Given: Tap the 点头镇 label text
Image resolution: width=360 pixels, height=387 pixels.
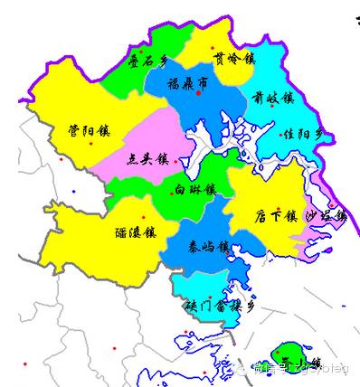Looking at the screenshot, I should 150,158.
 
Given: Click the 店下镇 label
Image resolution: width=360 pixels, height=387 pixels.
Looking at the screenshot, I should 276,217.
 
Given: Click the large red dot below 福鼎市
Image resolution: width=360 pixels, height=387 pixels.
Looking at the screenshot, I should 198,94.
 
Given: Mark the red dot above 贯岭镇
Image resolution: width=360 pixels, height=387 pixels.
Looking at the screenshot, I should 213,47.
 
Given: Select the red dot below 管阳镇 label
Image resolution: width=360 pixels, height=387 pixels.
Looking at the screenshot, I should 91,144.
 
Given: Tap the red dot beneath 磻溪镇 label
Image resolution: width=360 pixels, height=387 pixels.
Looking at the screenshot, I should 143,218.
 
